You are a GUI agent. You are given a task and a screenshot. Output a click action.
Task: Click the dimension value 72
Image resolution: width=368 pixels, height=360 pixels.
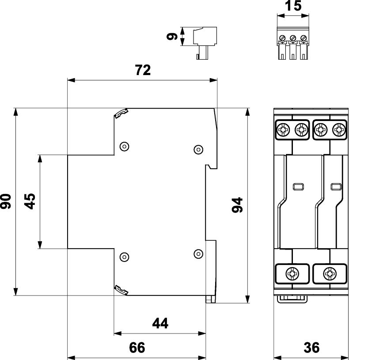[x=142, y=70]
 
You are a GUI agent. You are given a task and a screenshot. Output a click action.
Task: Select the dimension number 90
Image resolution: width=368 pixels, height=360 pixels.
[x=6, y=201]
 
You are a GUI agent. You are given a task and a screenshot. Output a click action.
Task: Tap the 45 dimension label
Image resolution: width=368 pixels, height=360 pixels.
[x=30, y=201]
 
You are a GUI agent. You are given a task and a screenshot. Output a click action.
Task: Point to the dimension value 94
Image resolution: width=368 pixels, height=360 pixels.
[x=238, y=205]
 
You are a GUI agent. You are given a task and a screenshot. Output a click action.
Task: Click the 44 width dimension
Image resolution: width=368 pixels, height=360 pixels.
[x=160, y=324]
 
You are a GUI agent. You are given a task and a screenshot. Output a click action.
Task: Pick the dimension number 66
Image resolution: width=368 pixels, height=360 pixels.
[x=137, y=348]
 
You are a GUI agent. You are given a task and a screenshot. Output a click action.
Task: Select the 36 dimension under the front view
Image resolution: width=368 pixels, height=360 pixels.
[x=311, y=348]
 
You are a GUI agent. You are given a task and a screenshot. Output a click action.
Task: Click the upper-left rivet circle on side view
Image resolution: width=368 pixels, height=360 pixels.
[x=125, y=146]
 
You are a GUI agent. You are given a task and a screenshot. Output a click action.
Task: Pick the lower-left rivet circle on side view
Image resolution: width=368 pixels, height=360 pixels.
[x=125, y=255]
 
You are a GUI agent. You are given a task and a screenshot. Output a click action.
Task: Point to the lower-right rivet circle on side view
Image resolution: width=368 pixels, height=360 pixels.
[x=199, y=253]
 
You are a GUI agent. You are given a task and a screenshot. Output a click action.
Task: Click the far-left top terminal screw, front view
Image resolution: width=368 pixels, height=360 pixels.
[x=283, y=129]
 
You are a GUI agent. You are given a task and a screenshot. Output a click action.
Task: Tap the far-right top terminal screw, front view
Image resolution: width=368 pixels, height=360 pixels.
[x=339, y=129]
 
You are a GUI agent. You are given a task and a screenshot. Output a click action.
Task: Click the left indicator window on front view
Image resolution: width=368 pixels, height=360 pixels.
[x=297, y=186]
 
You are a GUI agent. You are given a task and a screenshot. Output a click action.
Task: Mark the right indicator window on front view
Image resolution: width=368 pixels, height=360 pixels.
[x=335, y=186]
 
